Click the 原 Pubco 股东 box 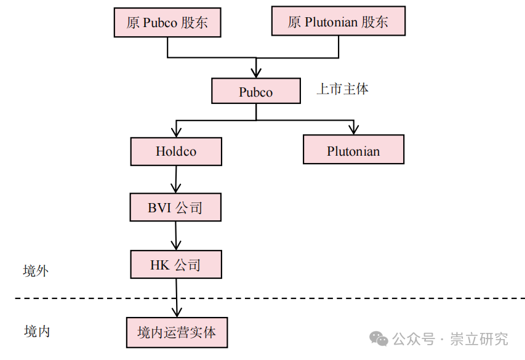click(167, 23)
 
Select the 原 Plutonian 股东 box click(338, 23)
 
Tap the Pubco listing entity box click(255, 92)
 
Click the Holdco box click(176, 151)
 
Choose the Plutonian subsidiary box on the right click(353, 151)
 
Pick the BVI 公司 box click(175, 208)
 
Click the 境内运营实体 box click(177, 333)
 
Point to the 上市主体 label click(342, 89)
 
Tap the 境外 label click(36, 271)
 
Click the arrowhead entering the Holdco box click(177, 132)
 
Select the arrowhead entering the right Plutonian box click(353, 129)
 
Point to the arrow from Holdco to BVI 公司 click(176, 180)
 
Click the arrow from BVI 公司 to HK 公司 click(176, 236)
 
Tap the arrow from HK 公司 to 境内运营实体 click(177, 298)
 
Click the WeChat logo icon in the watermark click(379, 339)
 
